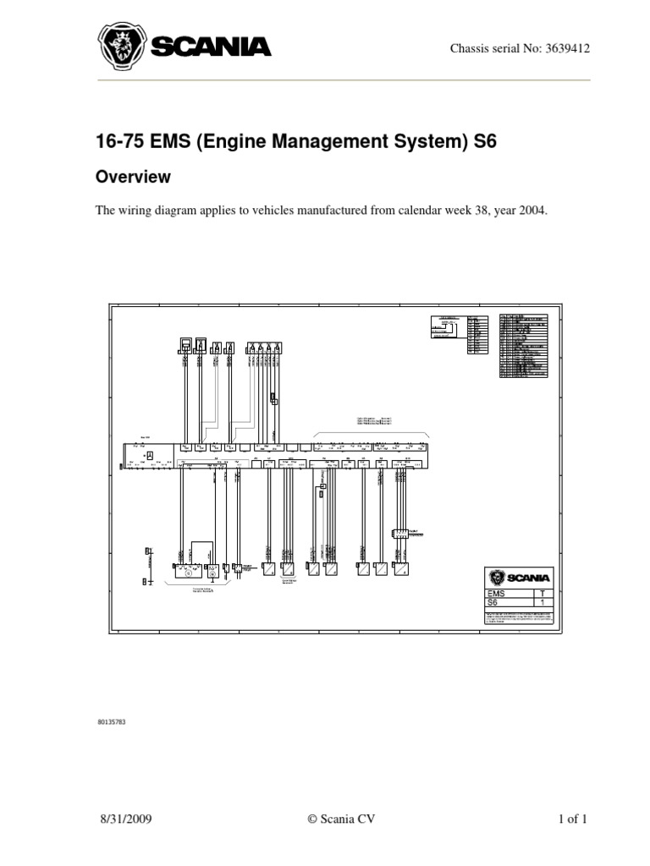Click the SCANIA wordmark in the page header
point(211,47)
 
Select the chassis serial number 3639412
point(563,47)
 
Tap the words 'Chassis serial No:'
point(492,47)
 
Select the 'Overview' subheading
point(133,177)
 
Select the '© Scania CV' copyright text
point(340,819)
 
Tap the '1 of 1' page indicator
point(572,819)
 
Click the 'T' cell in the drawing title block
point(542,595)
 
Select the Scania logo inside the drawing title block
point(519,578)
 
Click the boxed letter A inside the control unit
point(150,456)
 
